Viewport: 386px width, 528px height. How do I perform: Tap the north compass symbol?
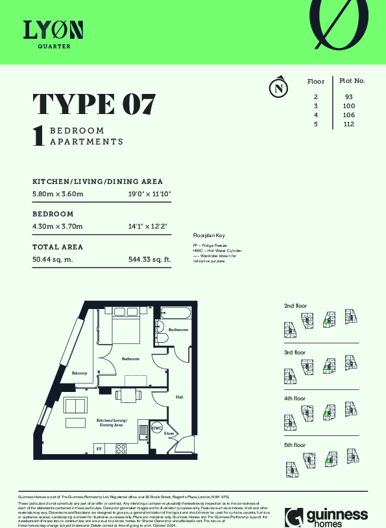coord(278,87)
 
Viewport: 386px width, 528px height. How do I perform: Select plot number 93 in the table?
coord(348,97)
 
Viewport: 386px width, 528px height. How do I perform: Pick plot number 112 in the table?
coord(348,124)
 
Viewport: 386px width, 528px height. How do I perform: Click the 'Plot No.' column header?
coord(352,82)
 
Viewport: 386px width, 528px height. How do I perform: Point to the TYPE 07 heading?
coord(94,104)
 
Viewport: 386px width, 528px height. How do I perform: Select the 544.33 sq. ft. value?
coord(149,260)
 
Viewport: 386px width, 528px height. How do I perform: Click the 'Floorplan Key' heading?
coord(208,235)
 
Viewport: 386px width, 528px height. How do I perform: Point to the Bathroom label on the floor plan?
coord(178,330)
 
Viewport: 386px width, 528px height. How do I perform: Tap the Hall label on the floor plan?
coord(179,397)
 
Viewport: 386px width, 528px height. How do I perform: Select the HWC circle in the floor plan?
coord(157,428)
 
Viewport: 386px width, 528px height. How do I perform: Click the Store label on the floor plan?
coord(169,433)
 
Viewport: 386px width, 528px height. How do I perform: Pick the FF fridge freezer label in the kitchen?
coord(99,448)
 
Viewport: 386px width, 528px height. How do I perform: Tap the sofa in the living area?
coord(77,406)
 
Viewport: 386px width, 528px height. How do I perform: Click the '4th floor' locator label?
coord(295,398)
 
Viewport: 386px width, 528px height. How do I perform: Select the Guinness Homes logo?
coord(326,516)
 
